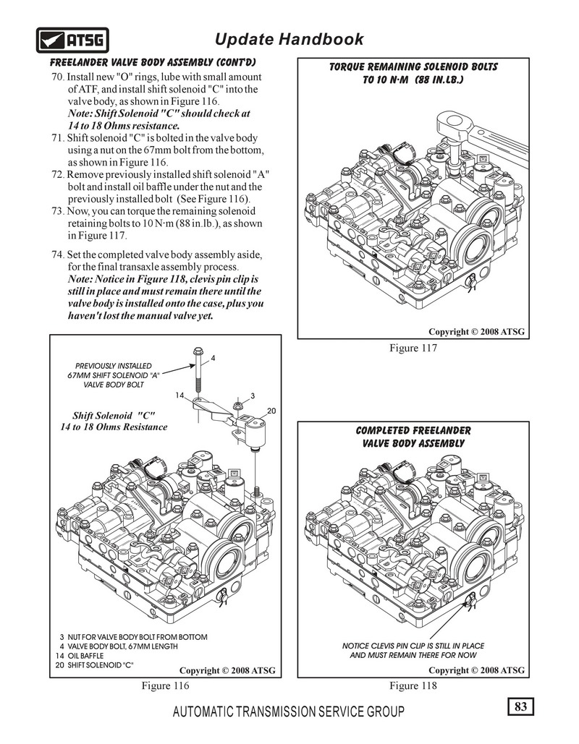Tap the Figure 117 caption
414,349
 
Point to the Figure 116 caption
165,685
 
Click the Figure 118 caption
413,685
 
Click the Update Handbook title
289,38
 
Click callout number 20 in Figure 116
272,411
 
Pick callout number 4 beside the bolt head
214,358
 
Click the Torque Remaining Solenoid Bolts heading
413,72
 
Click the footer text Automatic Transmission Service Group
289,712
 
